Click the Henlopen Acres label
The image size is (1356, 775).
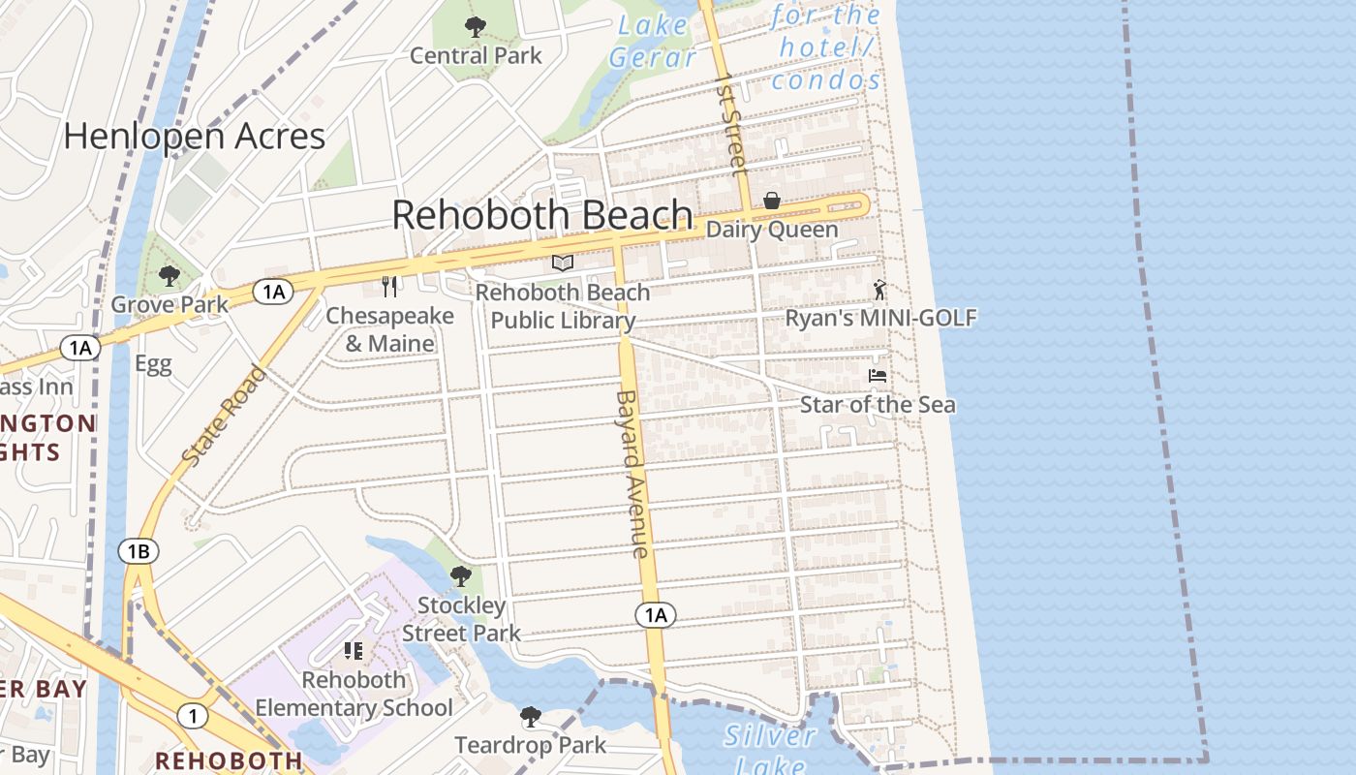tap(194, 136)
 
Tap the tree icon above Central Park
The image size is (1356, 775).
tap(476, 26)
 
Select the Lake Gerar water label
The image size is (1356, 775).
tap(652, 41)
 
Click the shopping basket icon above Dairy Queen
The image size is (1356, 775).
tap(772, 201)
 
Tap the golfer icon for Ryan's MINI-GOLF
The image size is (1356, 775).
tap(879, 290)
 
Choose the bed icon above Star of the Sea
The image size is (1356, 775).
tap(878, 376)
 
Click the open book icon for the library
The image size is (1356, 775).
tap(563, 263)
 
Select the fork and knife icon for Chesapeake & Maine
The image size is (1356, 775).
tap(389, 286)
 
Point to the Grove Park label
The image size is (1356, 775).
tap(169, 304)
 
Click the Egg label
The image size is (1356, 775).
tap(153, 364)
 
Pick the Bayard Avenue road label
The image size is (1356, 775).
tap(631, 474)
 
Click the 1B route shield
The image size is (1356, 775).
tap(138, 552)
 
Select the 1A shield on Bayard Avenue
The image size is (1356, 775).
tap(656, 614)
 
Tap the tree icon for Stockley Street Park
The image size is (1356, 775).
tap(461, 576)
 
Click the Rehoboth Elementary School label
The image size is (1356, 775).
tap(354, 694)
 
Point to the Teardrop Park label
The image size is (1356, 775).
tap(531, 745)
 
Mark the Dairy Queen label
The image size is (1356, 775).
tap(772, 230)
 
